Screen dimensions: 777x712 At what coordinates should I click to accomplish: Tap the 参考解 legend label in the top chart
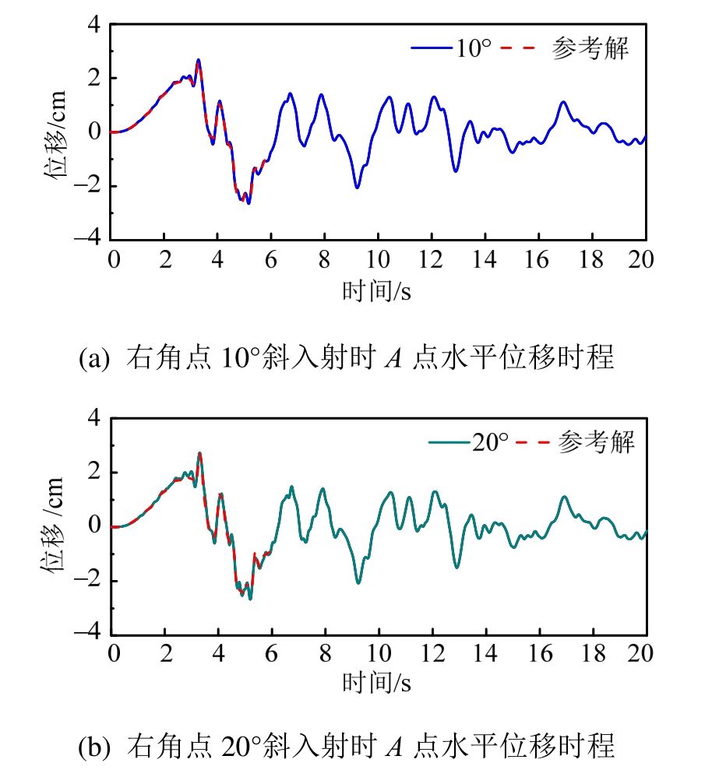pos(590,49)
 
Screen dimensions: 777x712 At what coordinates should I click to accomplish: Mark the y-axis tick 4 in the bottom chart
pos(95,419)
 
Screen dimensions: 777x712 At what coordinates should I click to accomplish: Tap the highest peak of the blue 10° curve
pos(199,60)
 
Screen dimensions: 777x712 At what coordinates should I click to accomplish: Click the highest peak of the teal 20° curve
pos(199,453)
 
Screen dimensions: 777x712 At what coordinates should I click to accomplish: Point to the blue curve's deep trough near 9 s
pos(357,188)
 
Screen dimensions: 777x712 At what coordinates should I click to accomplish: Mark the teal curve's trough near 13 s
pos(456,567)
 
